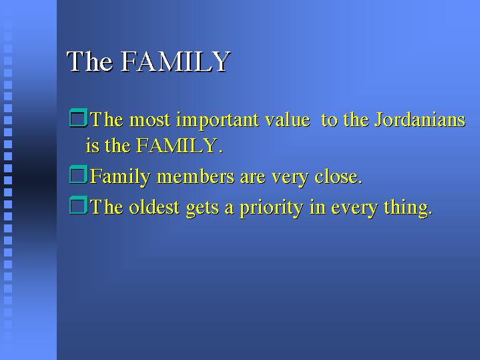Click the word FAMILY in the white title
click(x=176, y=61)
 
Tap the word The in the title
click(x=89, y=61)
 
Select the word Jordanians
click(x=420, y=120)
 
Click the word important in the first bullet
click(x=218, y=120)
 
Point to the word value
click(x=287, y=120)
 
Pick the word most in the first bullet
click(x=150, y=120)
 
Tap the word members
click(x=196, y=176)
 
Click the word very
click(x=290, y=178)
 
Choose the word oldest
click(x=154, y=207)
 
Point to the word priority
click(x=271, y=208)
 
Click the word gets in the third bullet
click(x=202, y=208)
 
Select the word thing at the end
click(x=406, y=208)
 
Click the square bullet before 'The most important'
click(x=78, y=118)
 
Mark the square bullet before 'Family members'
click(x=78, y=174)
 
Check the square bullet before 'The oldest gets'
click(x=78, y=205)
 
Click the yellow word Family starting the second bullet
click(x=120, y=177)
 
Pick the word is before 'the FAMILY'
click(x=93, y=146)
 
